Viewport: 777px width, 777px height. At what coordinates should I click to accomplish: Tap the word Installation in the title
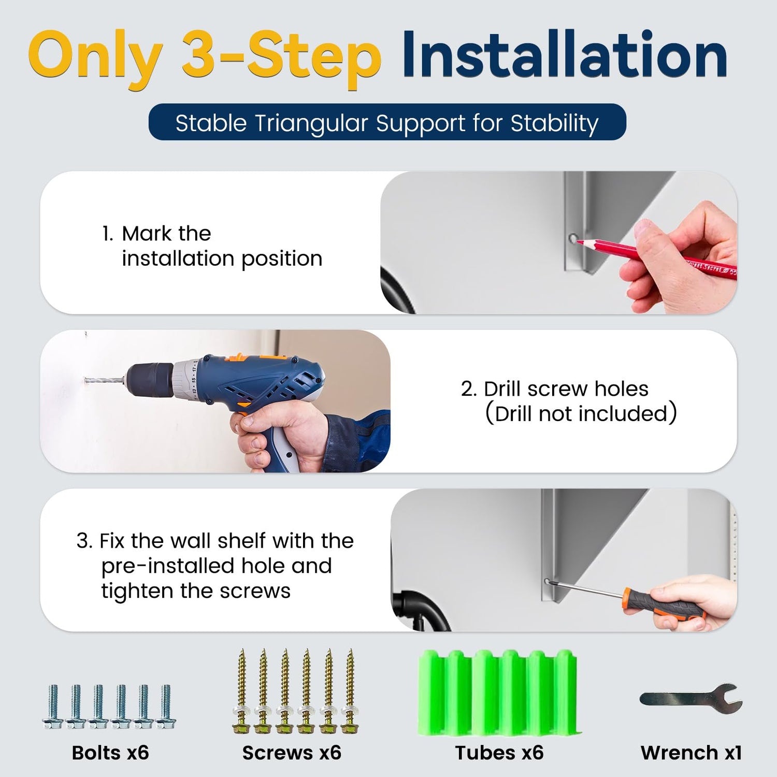[565, 54]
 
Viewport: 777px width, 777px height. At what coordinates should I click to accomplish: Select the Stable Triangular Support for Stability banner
[387, 122]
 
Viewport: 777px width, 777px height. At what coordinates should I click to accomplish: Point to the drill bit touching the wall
[104, 381]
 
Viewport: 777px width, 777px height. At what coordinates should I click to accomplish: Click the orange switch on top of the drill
[238, 357]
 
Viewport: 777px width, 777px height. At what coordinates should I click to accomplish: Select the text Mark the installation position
[212, 246]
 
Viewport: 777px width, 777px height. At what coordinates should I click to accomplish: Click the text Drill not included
[581, 414]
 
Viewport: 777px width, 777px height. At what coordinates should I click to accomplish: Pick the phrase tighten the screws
[196, 591]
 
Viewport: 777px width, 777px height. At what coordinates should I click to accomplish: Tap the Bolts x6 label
[110, 753]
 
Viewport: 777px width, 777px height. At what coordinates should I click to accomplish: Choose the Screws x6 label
[292, 753]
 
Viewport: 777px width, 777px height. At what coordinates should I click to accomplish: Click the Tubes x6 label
[499, 753]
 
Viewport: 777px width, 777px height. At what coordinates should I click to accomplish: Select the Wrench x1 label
[692, 753]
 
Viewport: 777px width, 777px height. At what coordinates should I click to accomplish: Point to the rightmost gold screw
[350, 692]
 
